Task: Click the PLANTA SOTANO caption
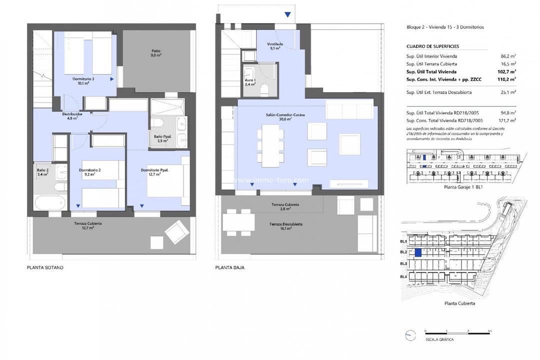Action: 45,268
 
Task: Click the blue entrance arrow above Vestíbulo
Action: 287,15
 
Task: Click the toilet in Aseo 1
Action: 265,90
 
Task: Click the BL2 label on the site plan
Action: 403,252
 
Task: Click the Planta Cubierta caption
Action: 459,303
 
